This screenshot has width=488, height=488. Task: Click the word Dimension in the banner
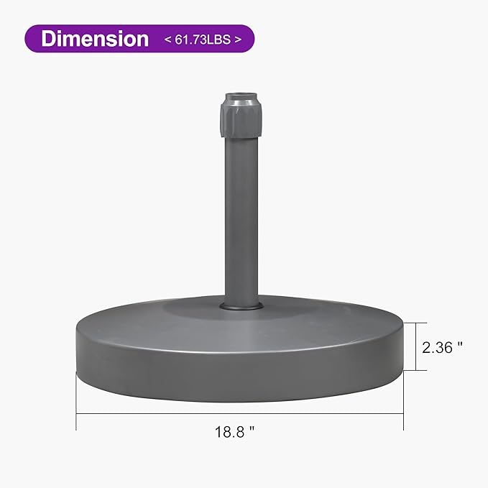tap(95, 39)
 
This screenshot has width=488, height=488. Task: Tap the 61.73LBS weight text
tap(202, 40)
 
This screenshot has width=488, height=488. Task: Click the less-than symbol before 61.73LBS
tap(170, 40)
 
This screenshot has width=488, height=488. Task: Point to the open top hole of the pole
tap(239, 96)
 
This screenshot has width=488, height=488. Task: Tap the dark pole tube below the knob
tap(239, 216)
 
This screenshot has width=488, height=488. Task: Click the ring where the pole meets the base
tap(239, 307)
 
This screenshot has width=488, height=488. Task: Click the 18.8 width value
tap(231, 433)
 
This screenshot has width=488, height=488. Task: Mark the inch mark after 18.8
tap(253, 431)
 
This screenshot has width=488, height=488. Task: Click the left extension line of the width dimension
tap(76, 402)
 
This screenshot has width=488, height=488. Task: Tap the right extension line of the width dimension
tap(403, 402)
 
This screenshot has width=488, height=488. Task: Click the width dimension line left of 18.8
tap(144, 415)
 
